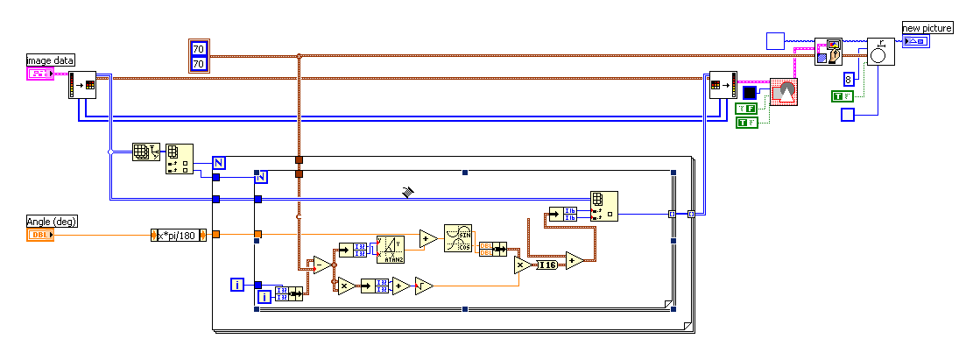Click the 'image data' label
pos(50,60)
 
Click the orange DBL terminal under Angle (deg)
pos(39,235)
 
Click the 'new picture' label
pos(927,29)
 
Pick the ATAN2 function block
pos(390,250)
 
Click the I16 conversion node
pos(546,265)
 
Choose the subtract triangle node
pos(322,265)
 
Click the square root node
pos(424,285)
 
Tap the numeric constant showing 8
pos(848,79)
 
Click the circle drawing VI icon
pos(880,52)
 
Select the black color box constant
pos(749,93)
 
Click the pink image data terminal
pos(39,74)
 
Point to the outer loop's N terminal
pos(219,162)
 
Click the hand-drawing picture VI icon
pos(828,52)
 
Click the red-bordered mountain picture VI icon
pos(784,92)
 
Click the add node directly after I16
pos(574,260)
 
